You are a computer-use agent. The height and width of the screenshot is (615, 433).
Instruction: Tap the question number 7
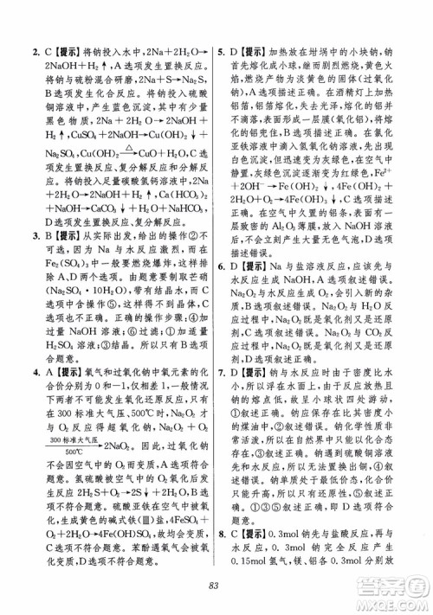point(223,396)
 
